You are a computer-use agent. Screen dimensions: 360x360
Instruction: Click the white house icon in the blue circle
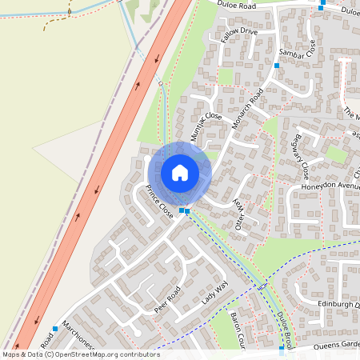[180, 173]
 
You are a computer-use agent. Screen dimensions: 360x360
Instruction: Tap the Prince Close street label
[159, 202]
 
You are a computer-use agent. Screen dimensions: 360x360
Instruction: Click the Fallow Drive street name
[240, 35]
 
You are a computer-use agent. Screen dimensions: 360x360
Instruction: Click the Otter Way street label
[238, 215]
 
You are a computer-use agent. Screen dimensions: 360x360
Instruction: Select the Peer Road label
[168, 298]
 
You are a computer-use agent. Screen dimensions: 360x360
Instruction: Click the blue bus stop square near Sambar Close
[277, 65]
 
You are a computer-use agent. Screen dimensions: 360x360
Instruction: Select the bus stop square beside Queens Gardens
[282, 349]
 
